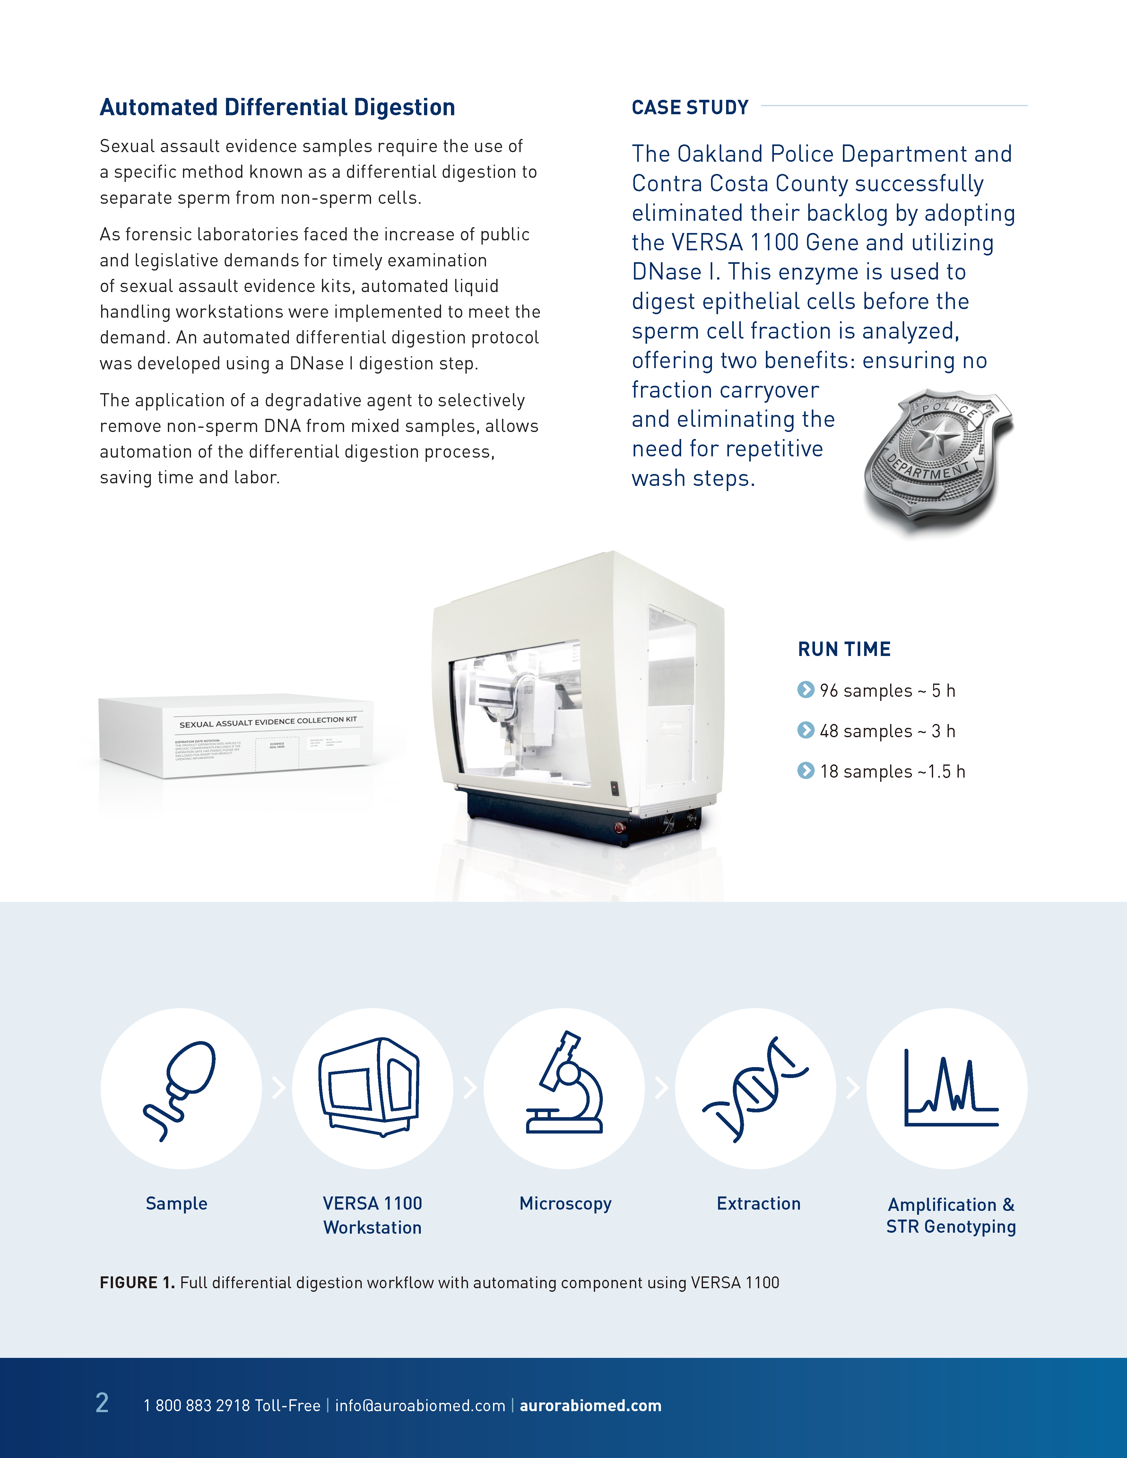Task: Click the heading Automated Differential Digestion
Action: tap(277, 108)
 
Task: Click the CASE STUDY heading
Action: tap(690, 108)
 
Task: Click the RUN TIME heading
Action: tap(844, 649)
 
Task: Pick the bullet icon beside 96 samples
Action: tap(806, 690)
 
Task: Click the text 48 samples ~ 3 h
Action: tap(887, 731)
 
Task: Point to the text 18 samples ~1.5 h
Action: tap(892, 772)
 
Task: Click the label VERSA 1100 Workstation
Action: tap(373, 1215)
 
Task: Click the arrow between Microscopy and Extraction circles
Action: tap(661, 1088)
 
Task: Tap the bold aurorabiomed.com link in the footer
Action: tap(590, 1405)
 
